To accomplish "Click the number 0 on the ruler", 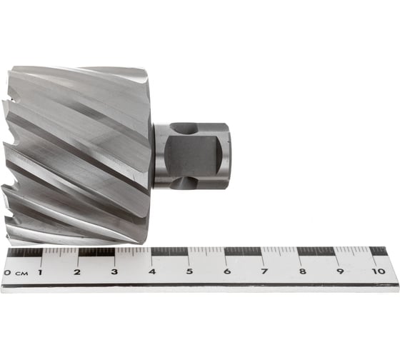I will point(6,272).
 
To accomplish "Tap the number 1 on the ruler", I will point(40,272).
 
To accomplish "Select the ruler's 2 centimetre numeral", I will point(77,272).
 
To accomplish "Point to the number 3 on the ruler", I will point(114,272).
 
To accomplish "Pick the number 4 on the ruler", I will point(151,272).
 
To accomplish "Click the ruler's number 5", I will point(189,272).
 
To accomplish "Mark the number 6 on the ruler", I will point(226,272).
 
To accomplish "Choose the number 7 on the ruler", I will point(264,272).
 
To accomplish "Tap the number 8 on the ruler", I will point(301,272).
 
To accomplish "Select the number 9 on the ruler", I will point(339,272).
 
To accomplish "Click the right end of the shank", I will point(229,156).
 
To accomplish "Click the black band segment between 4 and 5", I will point(170,251).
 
